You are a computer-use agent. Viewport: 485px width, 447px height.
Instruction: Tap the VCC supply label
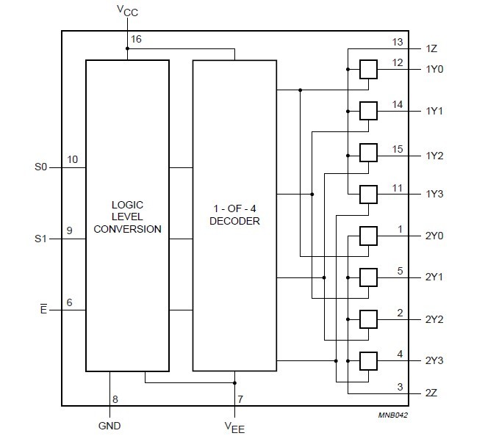[127, 10]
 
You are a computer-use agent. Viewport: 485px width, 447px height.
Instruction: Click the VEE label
[235, 426]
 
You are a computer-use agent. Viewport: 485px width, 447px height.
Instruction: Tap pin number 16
[136, 40]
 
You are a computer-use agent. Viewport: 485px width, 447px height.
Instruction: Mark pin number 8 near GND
[115, 399]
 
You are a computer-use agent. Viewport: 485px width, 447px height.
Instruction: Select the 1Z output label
[432, 48]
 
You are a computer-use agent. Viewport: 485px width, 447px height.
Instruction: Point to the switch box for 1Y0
[367, 70]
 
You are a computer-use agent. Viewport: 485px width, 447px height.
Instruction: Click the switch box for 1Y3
[367, 194]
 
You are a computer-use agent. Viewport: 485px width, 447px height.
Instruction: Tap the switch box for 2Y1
[367, 277]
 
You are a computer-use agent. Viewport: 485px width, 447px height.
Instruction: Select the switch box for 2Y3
[367, 360]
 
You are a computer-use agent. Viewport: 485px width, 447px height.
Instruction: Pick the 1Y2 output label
[435, 155]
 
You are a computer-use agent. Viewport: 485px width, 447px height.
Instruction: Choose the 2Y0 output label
[435, 236]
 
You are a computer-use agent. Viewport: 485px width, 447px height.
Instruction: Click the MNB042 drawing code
[393, 415]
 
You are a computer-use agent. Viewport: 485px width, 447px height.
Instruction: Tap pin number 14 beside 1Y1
[398, 104]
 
